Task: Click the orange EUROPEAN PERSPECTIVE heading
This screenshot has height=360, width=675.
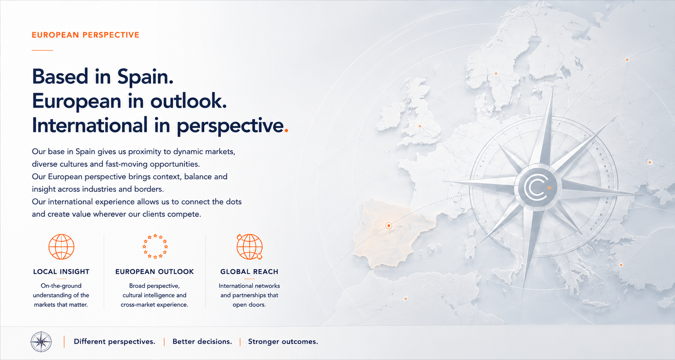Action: coord(86,35)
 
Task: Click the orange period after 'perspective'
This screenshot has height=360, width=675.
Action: coord(286,130)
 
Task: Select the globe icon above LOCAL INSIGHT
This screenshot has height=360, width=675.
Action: coord(61,247)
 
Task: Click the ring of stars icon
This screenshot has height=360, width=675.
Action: coord(155,246)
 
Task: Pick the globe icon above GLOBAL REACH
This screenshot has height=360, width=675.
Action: coord(250,247)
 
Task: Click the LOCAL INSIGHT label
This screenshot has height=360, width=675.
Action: coord(61,272)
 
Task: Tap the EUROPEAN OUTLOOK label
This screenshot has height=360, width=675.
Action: coord(154,272)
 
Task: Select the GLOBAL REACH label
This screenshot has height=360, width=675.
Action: coord(249,272)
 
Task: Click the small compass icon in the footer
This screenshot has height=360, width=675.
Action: coord(41,342)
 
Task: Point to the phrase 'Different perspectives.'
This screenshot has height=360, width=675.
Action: coord(114,342)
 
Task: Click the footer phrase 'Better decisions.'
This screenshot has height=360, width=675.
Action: coord(202,342)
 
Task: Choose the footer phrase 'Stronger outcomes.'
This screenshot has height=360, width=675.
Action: coord(283,342)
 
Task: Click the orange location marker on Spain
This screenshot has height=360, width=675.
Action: coord(389,226)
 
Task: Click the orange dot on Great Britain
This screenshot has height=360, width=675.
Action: coord(420,126)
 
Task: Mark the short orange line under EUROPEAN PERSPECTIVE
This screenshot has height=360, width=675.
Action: coord(42,50)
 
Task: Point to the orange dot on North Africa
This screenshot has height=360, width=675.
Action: coord(406,299)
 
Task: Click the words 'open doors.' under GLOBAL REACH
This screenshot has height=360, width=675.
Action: coord(249,305)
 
